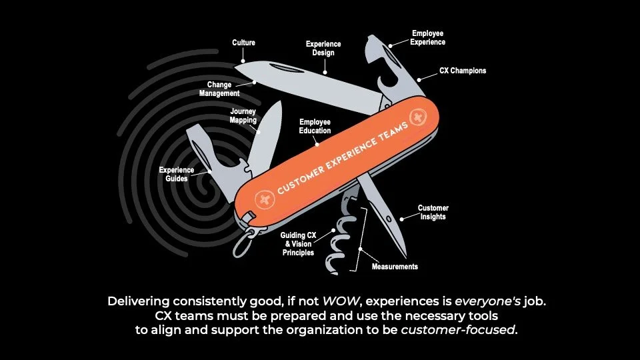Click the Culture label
click(x=243, y=43)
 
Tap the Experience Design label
click(x=323, y=48)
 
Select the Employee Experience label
click(x=428, y=37)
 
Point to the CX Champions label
click(x=463, y=70)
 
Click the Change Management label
click(x=219, y=89)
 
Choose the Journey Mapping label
click(x=243, y=116)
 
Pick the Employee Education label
click(x=315, y=127)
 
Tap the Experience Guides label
click(x=177, y=174)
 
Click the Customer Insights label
click(x=433, y=212)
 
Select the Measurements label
click(x=395, y=267)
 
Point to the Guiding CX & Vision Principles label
click(x=297, y=243)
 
